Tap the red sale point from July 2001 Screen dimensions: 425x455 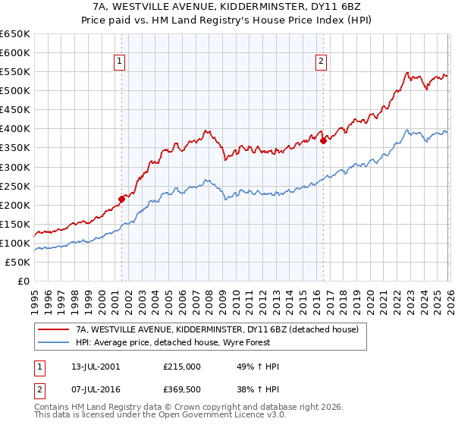(121, 199)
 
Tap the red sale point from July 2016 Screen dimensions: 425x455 (323, 140)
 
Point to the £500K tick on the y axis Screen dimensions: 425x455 (16, 90)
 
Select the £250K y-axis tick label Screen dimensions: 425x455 (16, 186)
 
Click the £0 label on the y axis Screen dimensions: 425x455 (23, 281)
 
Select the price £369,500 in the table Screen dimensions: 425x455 (181, 392)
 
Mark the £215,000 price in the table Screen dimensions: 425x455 (181, 367)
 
